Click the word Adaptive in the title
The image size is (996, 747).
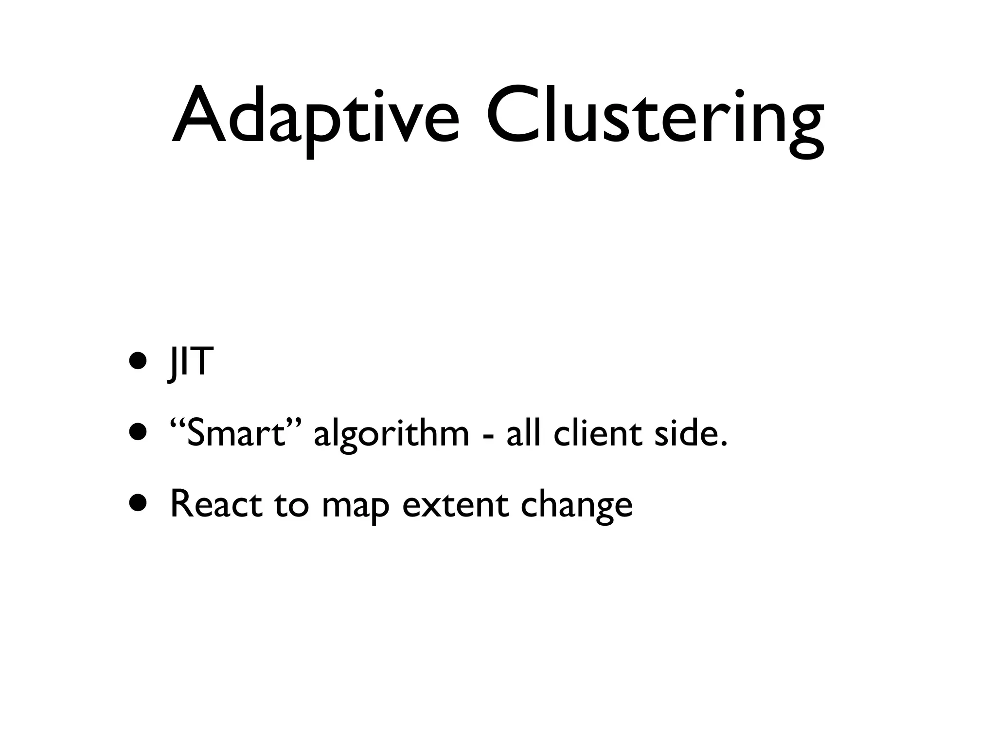316,117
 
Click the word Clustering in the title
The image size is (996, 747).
655,117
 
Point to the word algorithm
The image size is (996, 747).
391,434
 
